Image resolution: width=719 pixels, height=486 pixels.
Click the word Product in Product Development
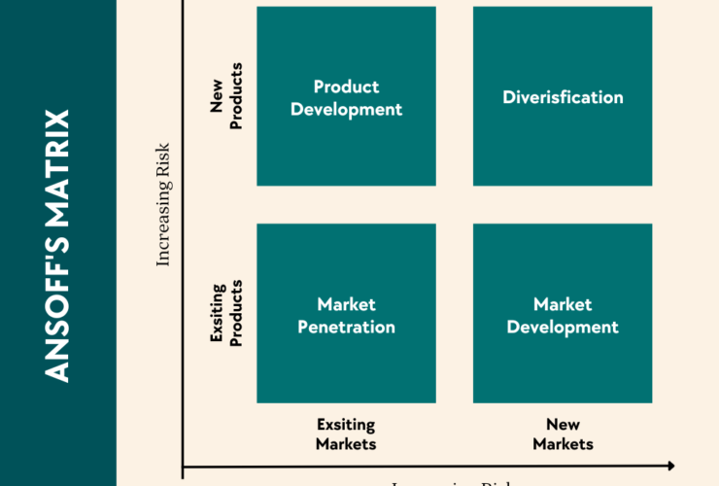click(x=346, y=87)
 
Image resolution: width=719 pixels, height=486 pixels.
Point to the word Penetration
click(x=346, y=327)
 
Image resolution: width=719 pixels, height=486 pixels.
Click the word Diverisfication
click(x=563, y=97)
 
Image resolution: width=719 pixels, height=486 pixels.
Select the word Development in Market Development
click(x=563, y=327)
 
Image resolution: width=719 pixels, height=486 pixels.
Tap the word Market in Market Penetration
click(x=346, y=304)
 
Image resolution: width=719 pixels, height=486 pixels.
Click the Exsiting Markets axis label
click(x=345, y=434)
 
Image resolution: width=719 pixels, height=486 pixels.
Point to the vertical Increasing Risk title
click(x=163, y=204)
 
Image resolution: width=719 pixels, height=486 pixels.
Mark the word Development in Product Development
click(x=346, y=109)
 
